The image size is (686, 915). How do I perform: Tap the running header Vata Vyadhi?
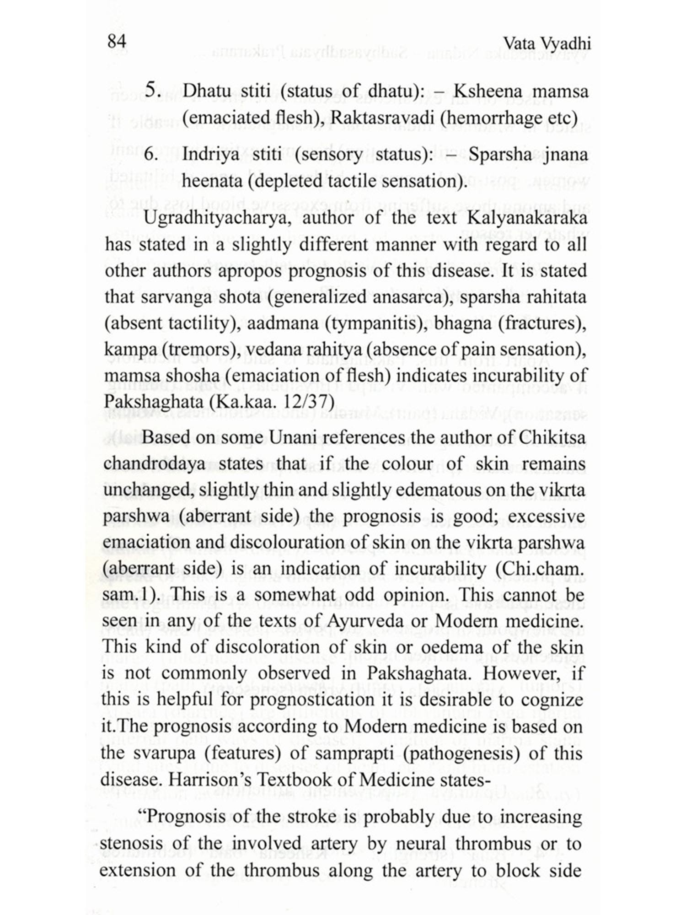click(x=547, y=44)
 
